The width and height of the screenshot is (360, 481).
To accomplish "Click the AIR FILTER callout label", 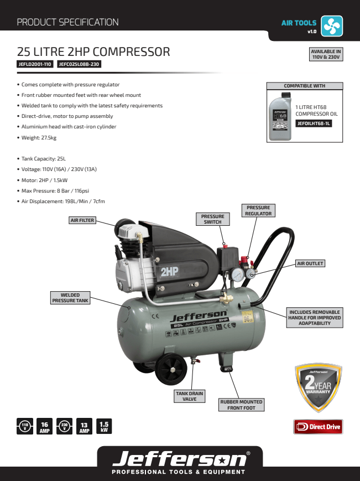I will [82, 220].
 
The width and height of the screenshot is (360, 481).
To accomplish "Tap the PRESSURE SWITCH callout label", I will [213, 219].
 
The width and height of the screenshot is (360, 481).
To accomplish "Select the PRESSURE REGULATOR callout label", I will [258, 210].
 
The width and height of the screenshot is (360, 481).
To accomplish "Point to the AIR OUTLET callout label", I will [310, 263].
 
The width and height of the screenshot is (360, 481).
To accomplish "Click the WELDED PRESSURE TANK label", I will [70, 298].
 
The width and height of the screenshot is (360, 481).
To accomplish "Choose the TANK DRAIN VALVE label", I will [190, 396].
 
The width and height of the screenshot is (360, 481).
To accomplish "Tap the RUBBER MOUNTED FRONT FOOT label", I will [241, 405].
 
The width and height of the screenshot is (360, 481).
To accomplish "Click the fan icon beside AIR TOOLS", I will [332, 25].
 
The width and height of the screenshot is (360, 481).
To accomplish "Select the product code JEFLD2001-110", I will [35, 64].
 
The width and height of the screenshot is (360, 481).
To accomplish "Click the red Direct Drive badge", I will [318, 427].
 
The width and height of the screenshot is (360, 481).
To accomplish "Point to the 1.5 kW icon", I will [104, 427].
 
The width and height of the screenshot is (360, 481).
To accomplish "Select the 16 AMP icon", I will [45, 427].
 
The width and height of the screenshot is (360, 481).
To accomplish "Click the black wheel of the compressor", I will [171, 370].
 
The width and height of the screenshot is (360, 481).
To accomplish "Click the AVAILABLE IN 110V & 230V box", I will [326, 54].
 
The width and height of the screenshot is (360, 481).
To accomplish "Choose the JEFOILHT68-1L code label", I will [314, 123].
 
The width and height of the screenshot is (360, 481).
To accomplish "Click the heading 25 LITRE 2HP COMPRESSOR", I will [93, 52].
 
